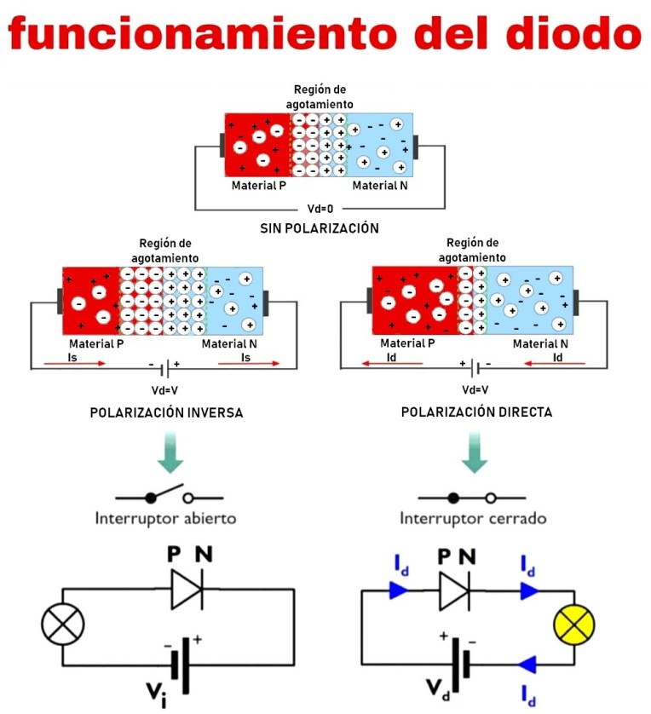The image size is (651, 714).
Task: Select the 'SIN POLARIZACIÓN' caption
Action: tap(319, 228)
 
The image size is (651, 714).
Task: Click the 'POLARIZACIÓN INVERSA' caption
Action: tap(166, 412)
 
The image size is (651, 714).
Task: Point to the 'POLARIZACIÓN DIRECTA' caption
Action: tap(476, 412)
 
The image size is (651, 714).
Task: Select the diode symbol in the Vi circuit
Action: tap(187, 589)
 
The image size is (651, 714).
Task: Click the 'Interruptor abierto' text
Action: tap(165, 518)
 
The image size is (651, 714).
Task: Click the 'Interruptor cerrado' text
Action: tap(473, 518)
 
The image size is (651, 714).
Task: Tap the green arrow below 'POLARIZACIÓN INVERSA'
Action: tap(168, 454)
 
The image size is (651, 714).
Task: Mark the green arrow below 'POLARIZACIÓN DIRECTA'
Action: tap(474, 454)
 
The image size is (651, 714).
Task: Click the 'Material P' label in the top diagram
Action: tap(258, 186)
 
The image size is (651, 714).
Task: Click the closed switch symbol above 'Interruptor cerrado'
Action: tap(473, 498)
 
